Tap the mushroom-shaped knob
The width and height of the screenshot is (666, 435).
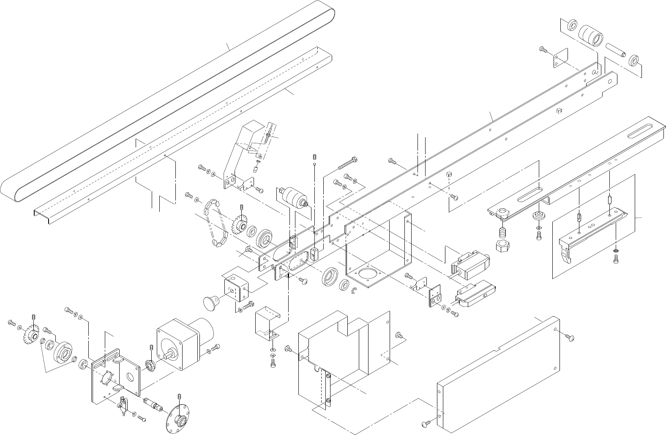(x=210, y=302)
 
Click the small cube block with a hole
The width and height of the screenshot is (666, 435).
(x=315, y=254)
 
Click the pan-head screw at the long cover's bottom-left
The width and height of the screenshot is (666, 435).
(x=426, y=424)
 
